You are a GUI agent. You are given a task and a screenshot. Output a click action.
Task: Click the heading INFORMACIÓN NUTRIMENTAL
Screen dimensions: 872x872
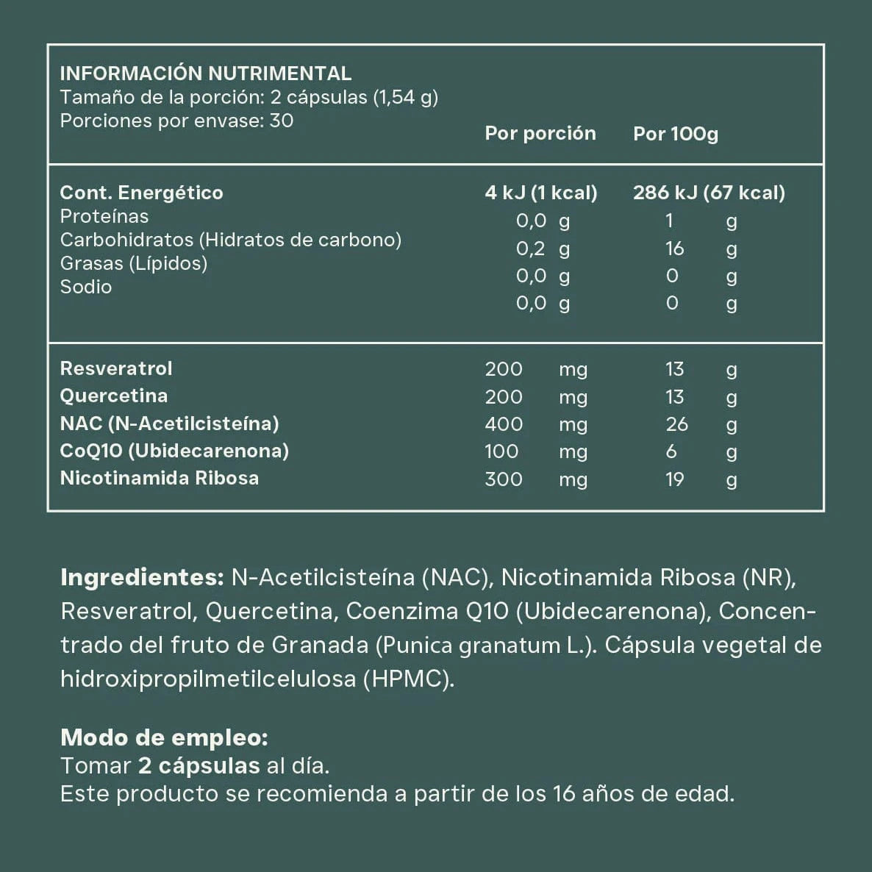205,74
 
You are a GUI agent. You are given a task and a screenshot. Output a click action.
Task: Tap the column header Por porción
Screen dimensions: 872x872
540,133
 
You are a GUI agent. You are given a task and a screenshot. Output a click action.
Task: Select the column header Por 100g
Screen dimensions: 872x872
676,134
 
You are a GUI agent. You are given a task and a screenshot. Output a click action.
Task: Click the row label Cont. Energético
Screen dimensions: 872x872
141,193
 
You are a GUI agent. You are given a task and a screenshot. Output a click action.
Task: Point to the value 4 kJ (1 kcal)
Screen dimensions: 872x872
541,193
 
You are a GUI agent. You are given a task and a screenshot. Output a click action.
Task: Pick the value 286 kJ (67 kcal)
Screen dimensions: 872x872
709,193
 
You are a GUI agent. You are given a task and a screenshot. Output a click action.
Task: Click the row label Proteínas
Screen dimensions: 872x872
104,216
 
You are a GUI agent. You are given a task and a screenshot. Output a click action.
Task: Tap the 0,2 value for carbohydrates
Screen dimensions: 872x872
531,249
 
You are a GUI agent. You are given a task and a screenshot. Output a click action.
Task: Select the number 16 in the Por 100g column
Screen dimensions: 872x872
674,249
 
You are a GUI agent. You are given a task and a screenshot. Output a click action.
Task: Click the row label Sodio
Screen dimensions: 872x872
86,287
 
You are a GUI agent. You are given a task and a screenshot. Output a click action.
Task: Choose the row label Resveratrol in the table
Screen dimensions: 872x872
116,368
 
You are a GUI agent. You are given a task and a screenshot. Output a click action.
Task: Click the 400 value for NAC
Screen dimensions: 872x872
504,424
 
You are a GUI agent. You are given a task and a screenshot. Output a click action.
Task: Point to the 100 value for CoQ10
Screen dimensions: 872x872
501,451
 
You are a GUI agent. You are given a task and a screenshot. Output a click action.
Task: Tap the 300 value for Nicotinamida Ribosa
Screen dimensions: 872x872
504,479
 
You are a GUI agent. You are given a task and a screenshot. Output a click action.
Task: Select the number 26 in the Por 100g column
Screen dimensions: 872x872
676,424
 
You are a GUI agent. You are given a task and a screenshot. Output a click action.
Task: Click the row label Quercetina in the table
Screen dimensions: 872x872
114,396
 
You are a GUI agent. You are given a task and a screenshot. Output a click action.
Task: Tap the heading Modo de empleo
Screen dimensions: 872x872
164,737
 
